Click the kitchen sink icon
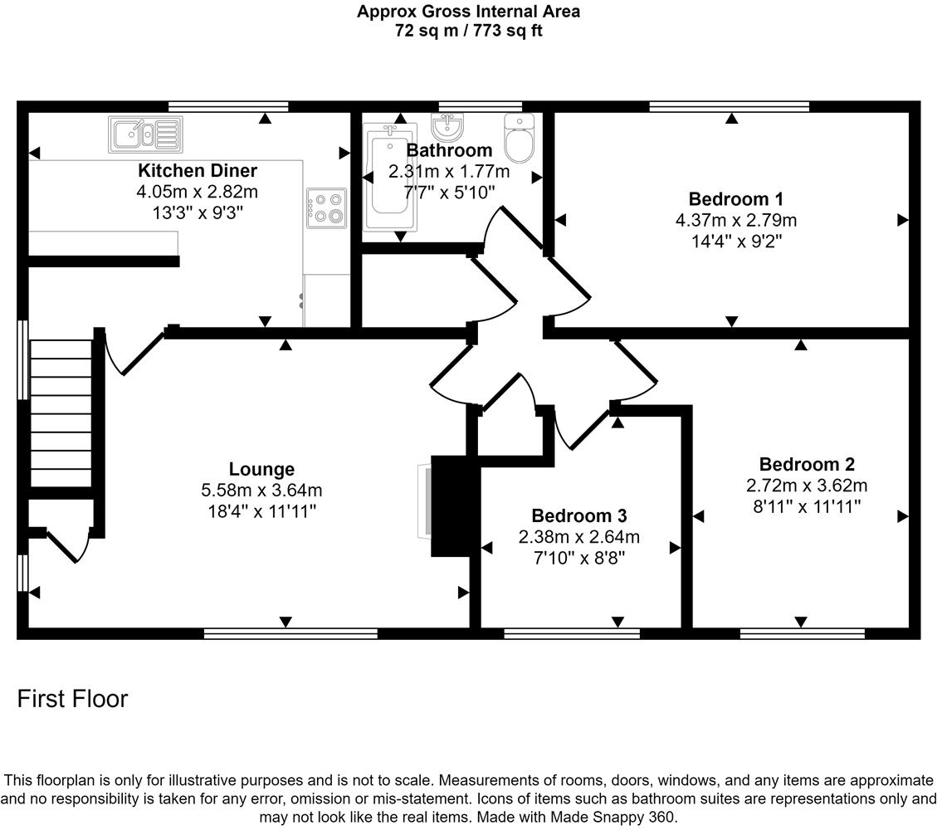(145, 134)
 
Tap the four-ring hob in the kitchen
(326, 207)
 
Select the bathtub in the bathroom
(388, 179)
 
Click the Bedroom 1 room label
(735, 199)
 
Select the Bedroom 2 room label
(806, 464)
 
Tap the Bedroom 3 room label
(578, 515)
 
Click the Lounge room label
(262, 469)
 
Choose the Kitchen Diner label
(197, 171)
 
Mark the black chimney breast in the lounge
(455, 506)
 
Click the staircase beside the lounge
(60, 413)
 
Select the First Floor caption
(73, 699)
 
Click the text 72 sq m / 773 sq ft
(468, 31)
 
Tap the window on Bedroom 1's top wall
(729, 106)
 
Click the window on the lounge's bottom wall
(290, 633)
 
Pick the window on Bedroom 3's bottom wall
(571, 633)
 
